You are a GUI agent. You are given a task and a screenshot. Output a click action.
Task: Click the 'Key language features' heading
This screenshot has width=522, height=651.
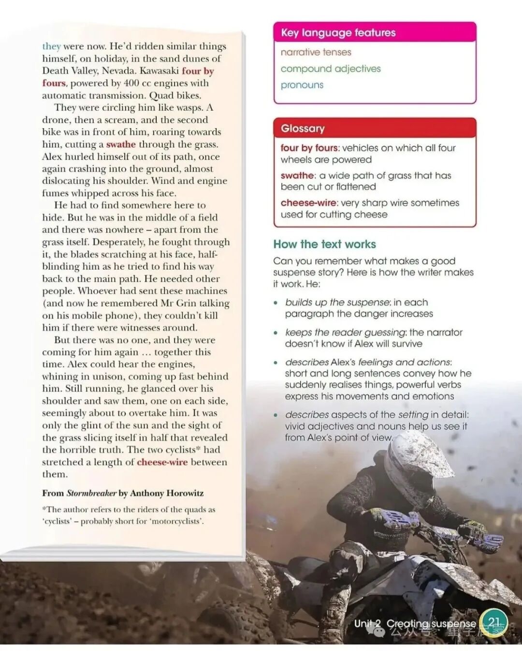tap(338, 32)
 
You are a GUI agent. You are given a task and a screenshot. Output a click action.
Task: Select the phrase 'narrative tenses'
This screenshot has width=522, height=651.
tap(316, 52)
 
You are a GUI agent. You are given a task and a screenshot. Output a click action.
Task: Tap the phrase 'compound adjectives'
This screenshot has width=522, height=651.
tap(331, 69)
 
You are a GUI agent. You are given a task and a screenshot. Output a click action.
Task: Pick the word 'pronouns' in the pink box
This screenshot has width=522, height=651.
tap(302, 85)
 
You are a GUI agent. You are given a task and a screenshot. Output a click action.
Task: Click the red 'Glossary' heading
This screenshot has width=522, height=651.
tap(303, 128)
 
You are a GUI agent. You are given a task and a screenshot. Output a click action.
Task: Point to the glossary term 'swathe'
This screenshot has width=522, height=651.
tap(297, 175)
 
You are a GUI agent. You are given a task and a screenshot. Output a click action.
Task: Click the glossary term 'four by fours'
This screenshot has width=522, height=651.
tap(309, 148)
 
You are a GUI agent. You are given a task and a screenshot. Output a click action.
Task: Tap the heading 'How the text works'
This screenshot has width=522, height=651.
tap(324, 244)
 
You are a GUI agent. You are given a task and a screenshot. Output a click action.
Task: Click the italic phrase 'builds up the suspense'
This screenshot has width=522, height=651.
tap(337, 302)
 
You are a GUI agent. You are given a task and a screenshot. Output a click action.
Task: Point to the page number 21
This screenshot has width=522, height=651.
tap(494, 622)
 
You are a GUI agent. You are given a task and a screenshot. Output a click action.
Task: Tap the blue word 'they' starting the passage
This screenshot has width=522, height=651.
tap(51, 46)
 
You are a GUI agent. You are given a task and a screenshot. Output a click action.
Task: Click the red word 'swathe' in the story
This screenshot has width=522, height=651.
tap(121, 144)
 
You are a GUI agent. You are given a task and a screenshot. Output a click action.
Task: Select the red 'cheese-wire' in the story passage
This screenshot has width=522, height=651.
tap(162, 462)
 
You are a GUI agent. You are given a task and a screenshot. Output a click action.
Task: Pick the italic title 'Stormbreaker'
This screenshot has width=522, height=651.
tap(91, 493)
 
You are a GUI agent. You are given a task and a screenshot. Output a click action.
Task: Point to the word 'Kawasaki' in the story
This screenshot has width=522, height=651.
tap(159, 71)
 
